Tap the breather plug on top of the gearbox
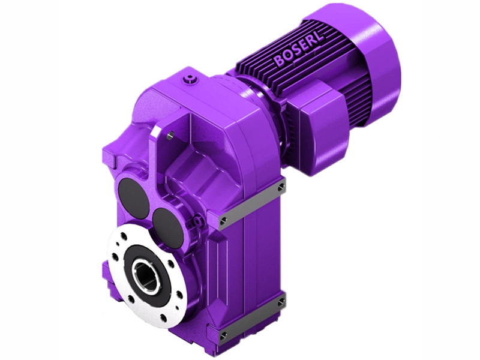(x=191, y=78)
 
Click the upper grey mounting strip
(x=252, y=204)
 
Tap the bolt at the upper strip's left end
(x=223, y=221)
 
